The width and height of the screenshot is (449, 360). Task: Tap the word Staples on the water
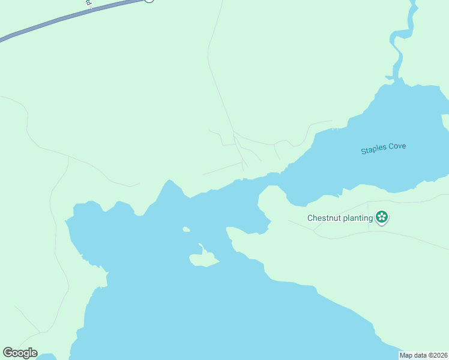pos(375,150)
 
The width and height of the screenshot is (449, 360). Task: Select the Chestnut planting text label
pos(340,218)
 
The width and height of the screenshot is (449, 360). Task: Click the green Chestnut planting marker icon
pos(381,217)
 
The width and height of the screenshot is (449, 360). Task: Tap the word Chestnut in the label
pos(324,218)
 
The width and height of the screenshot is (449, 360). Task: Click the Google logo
pos(20,353)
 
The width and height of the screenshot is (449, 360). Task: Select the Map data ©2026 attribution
pos(424,355)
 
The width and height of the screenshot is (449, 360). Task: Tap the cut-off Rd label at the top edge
pos(89,2)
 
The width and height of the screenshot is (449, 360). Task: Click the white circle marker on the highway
pos(149,1)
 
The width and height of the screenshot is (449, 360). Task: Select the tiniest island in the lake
pos(186,229)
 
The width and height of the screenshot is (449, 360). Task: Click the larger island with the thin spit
pos(203,259)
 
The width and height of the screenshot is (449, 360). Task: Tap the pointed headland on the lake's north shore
pos(170,182)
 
